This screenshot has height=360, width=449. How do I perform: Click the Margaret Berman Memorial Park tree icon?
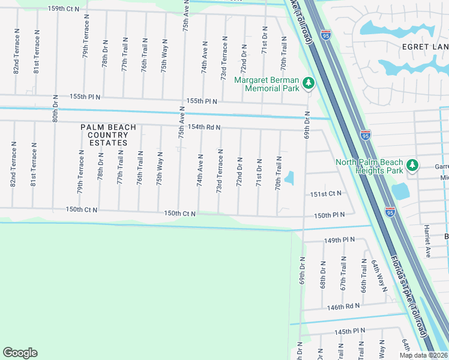pos(308,83)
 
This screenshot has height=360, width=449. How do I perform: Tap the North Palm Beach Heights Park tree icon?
pos(412,164)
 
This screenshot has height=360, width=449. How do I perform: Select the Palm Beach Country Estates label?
pos(109,135)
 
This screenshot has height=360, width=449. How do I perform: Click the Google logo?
pos(20,353)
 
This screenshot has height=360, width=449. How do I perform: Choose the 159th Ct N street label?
pos(64,9)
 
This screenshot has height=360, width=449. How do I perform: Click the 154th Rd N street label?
pos(205,127)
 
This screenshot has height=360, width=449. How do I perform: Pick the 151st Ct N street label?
pos(325,193)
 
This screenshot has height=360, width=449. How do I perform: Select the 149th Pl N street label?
pos(340,239)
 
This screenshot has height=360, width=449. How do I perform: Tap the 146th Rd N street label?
pos(343,306)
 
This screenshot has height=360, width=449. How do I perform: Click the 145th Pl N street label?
pos(350,331)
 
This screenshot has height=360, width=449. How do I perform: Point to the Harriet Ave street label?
pos(427,240)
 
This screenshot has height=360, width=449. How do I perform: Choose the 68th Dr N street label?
pos(323,274)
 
